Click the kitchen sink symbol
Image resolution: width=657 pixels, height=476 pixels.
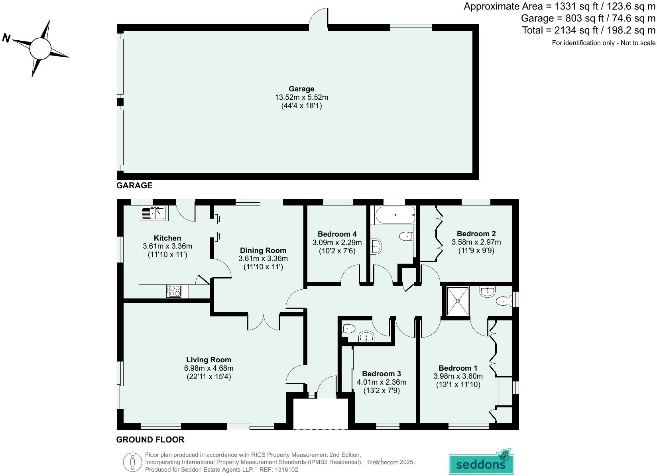153,213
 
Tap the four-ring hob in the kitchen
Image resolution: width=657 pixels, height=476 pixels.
174,290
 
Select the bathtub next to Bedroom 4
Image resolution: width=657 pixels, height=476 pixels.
395,215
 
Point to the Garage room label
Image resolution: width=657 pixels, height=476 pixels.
301,89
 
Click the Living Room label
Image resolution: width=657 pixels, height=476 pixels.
209,359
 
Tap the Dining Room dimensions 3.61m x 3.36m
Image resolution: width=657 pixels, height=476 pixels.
263,259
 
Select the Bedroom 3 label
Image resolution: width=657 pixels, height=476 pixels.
381,373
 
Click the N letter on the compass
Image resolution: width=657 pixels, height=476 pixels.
6,38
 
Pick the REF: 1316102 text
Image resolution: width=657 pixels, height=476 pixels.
279,470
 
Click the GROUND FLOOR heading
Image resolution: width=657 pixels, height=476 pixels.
150,440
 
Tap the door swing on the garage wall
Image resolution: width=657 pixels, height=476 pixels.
319,19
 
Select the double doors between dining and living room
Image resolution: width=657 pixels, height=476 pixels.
264,322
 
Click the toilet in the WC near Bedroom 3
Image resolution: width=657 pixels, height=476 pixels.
348,329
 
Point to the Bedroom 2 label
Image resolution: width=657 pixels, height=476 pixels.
476,233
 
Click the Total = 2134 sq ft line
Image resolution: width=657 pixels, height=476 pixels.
588,30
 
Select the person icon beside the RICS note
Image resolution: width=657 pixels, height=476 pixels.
132,462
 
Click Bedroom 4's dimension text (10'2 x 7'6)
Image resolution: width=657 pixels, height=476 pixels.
337,251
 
